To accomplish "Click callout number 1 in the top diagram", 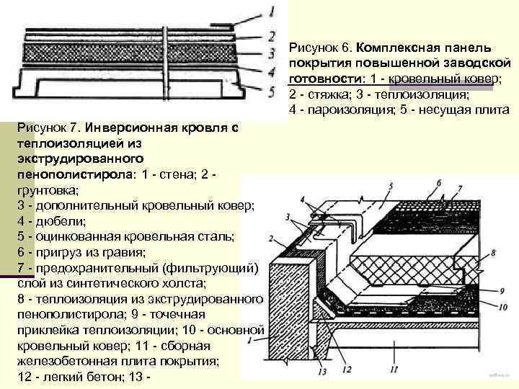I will (x=271, y=12).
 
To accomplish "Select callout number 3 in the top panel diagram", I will (x=270, y=53).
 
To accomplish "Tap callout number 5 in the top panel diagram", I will (x=271, y=92).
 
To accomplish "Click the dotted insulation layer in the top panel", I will (x=130, y=53).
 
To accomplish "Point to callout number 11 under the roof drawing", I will (x=392, y=369).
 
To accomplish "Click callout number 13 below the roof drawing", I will (x=322, y=372).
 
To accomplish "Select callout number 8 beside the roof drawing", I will (x=493, y=253).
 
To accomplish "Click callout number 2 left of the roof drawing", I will (x=270, y=238).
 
